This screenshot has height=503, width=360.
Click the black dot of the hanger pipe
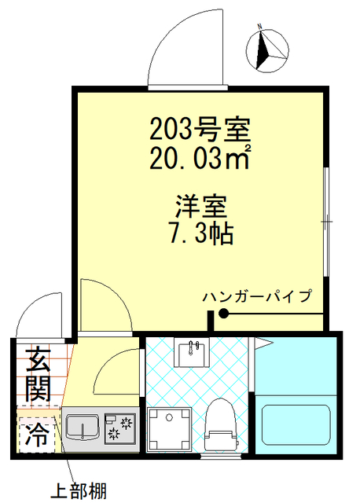click(224, 314)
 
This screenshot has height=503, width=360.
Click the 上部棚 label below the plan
click(79, 491)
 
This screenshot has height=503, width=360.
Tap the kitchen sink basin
click(81, 428)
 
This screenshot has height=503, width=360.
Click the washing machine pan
click(167, 429)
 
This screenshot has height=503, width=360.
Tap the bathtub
click(296, 428)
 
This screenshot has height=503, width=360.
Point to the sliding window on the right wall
click(326, 223)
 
